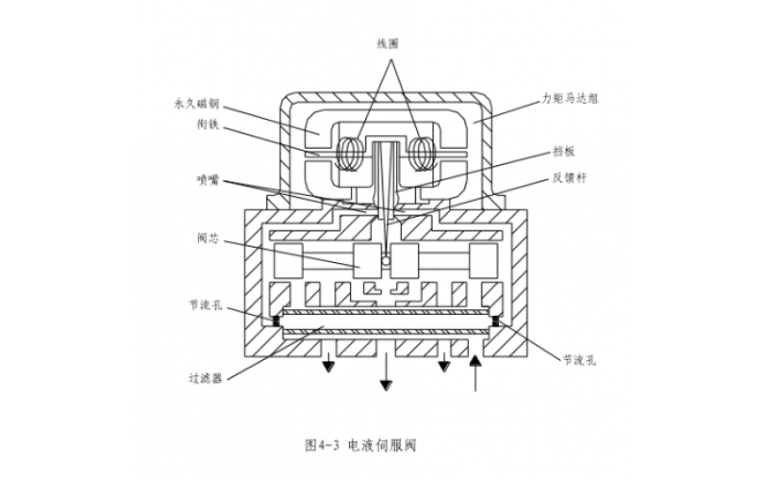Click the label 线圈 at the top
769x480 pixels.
tap(387, 44)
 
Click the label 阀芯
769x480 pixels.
tap(207, 238)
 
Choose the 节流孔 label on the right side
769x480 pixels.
tap(580, 359)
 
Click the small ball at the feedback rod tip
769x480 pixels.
tap(385, 260)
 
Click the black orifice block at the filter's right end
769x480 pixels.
tap(497, 321)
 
